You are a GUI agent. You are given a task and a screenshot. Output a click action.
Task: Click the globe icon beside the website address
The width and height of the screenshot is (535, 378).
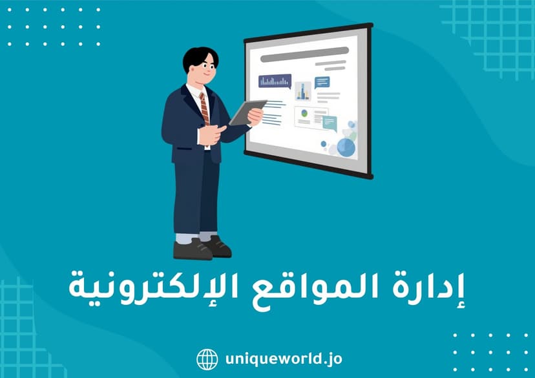click(207, 359)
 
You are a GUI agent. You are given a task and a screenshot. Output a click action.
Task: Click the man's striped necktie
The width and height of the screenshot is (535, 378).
click(204, 107)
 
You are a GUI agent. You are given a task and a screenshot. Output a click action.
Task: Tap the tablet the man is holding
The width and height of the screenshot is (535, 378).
click(247, 112)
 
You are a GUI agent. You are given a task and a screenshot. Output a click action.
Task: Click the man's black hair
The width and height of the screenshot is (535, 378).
click(200, 57)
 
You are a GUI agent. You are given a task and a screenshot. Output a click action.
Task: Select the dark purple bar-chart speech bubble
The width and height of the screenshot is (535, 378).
click(275, 81)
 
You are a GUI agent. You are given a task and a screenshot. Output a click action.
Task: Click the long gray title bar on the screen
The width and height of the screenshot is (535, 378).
click(304, 58)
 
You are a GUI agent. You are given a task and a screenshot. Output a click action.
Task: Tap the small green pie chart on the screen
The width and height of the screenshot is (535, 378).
click(304, 114)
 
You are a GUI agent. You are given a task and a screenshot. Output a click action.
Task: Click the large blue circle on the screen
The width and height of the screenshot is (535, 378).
click(346, 147)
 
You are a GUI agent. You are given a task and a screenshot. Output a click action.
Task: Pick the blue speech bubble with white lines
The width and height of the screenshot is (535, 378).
click(322, 82)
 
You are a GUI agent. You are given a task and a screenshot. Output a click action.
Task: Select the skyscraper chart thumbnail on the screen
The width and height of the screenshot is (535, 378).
click(303, 91)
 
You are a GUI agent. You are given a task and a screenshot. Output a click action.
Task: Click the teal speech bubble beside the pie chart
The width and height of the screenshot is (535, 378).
click(330, 121)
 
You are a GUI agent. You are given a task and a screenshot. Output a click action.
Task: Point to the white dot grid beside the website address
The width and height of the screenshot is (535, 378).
click(490, 353)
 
